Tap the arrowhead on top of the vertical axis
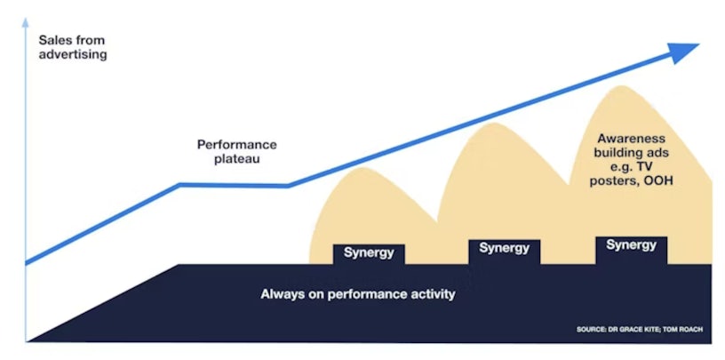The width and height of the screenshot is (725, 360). click(x=26, y=21)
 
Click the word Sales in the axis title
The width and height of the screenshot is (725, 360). click(x=53, y=40)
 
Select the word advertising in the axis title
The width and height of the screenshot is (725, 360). click(x=73, y=54)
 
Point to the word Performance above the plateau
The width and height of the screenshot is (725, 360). click(x=237, y=144)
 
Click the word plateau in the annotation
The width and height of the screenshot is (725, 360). click(x=237, y=160)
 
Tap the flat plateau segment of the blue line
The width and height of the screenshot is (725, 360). click(x=234, y=185)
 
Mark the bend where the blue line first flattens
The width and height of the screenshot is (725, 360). click(x=179, y=185)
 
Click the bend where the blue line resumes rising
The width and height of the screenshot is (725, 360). click(x=288, y=186)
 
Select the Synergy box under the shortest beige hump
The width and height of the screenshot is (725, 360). click(x=369, y=254)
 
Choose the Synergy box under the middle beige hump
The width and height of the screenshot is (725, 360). click(x=505, y=252)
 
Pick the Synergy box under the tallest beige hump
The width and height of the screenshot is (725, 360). click(x=631, y=251)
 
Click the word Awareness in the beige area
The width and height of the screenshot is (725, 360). click(x=631, y=139)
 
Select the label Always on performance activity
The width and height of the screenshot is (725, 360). click(x=358, y=294)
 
